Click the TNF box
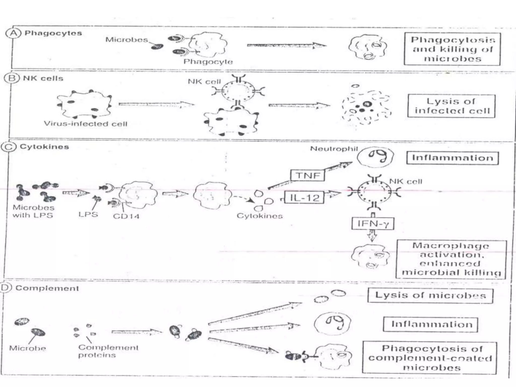[307, 175]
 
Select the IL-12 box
[304, 198]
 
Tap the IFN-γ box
[373, 223]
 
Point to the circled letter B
[12, 78]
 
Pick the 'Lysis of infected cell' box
[451, 106]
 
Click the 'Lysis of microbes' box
[430, 295]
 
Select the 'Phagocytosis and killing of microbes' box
[452, 49]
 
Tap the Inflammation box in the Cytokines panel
[453, 158]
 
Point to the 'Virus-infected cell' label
[86, 124]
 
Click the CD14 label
[126, 216]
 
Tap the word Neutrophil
[334, 149]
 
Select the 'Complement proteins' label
[108, 351]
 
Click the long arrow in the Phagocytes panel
[286, 46]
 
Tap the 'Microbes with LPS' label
[34, 211]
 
